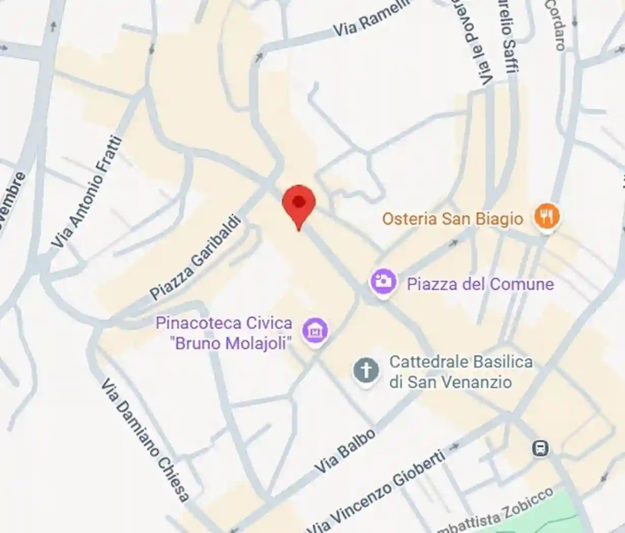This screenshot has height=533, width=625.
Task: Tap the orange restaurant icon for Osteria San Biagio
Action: pyautogui.click(x=546, y=217)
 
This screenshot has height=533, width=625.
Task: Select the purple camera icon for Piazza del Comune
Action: pyautogui.click(x=383, y=282)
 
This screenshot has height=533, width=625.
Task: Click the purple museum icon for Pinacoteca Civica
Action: pyautogui.click(x=315, y=331)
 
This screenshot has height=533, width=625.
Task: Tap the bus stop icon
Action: pyautogui.click(x=540, y=448)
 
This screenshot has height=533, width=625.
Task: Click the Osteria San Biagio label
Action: pyautogui.click(x=452, y=219)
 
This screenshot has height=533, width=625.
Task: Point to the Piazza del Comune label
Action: pyautogui.click(x=480, y=283)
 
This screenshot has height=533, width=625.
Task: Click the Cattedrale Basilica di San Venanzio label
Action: pyautogui.click(x=460, y=372)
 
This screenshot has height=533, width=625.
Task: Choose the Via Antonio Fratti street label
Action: pyautogui.click(x=87, y=192)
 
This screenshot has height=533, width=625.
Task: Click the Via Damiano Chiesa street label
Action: pyautogui.click(x=145, y=440)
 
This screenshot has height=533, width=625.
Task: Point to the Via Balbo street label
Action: pyautogui.click(x=345, y=451)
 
